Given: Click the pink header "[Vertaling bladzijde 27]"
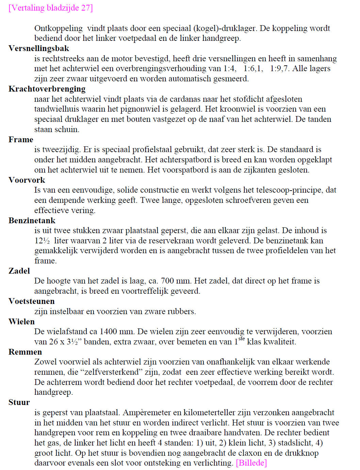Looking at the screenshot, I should pyautogui.click(x=51, y=8).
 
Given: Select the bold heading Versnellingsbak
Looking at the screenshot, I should pyautogui.click(x=39, y=48).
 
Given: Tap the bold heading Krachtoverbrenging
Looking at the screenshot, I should pyautogui.click(x=47, y=89).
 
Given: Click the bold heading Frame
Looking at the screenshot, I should pyautogui.click(x=21, y=140).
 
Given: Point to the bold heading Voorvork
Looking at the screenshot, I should pyautogui.click(x=27, y=180).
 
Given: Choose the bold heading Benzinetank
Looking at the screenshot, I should pyautogui.click(x=32, y=221).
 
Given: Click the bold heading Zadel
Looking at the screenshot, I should pyautogui.click(x=19, y=271).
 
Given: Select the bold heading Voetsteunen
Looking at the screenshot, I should pyautogui.click(x=31, y=301).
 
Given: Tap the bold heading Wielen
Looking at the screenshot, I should pyautogui.click(x=21, y=322).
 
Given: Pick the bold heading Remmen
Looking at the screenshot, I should pyautogui.click(x=25, y=352).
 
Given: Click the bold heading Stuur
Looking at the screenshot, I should pyautogui.click(x=19, y=402).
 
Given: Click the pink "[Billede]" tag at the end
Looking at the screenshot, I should pyautogui.click(x=251, y=463).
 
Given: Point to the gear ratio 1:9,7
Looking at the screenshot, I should pyautogui.click(x=280, y=68).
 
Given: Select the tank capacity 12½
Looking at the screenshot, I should pyautogui.click(x=42, y=241).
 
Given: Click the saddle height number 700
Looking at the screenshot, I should pyautogui.click(x=167, y=281).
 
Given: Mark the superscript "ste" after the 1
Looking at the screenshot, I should pyautogui.click(x=241, y=339).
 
